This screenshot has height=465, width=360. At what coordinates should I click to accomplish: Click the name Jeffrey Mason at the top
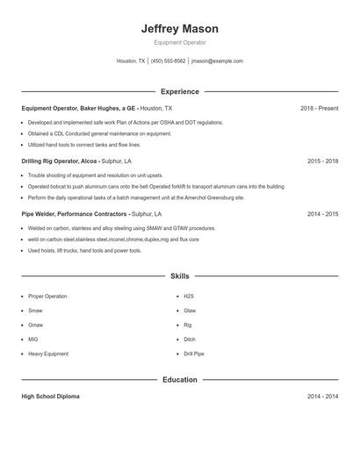click(x=179, y=29)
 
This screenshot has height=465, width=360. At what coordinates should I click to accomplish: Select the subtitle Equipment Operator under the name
click(x=179, y=42)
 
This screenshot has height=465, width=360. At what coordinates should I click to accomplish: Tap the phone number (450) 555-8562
click(x=169, y=61)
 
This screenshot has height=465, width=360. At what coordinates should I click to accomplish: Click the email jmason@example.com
click(x=217, y=61)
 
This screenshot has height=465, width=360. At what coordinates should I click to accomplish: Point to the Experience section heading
click(x=179, y=91)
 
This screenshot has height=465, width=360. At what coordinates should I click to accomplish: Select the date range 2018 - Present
click(x=319, y=108)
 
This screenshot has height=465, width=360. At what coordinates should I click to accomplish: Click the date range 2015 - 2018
click(x=322, y=161)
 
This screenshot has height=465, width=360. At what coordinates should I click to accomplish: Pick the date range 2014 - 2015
click(x=322, y=214)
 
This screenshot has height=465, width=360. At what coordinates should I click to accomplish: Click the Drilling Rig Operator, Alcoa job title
click(x=60, y=161)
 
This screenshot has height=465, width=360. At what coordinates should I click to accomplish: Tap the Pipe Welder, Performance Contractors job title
click(x=75, y=214)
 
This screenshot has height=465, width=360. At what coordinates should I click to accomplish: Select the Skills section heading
click(x=179, y=275)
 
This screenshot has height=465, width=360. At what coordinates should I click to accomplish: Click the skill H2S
click(x=189, y=296)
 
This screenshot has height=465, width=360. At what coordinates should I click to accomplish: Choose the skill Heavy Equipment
click(x=47, y=354)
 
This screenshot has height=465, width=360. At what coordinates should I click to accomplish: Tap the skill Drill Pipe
click(x=194, y=354)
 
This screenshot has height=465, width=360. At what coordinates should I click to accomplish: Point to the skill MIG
click(x=33, y=339)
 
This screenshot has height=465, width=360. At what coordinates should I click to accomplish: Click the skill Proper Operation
click(x=47, y=296)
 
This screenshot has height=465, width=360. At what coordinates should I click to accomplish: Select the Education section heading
click(x=179, y=380)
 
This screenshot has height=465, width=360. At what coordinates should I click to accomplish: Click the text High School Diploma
click(x=50, y=397)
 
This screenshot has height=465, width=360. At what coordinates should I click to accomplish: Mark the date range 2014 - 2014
click(x=322, y=397)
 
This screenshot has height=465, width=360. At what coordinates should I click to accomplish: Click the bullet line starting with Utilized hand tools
click(x=83, y=144)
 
